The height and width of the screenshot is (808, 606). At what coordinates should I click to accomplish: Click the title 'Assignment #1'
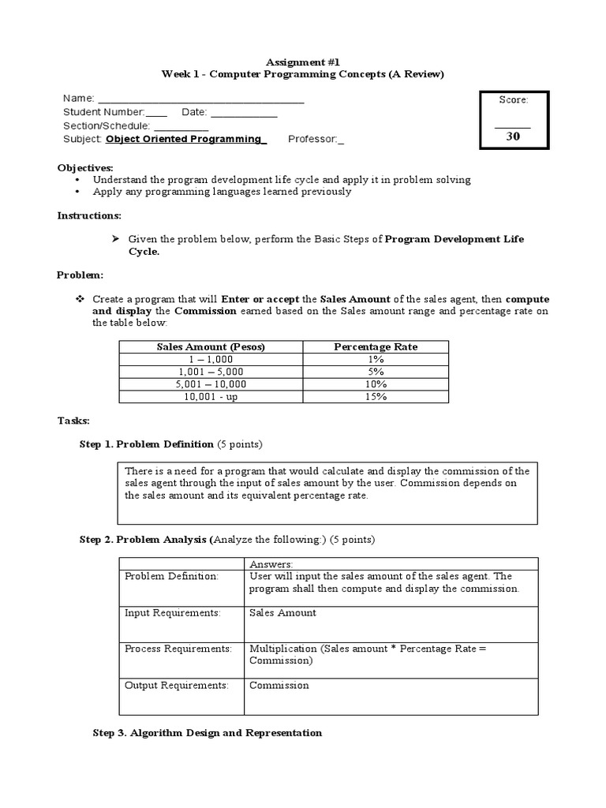[x=303, y=61]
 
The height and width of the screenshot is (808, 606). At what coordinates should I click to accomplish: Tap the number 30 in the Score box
[x=513, y=136]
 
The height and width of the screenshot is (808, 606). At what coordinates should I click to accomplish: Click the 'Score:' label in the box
[x=513, y=99]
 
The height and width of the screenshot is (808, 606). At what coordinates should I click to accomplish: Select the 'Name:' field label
[x=79, y=99]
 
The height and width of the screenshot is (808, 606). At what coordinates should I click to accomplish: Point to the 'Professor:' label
[x=315, y=139]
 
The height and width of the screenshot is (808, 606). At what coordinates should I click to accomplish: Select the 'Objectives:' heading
[x=85, y=168]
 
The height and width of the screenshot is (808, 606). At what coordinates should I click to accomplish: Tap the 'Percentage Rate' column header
[x=376, y=346]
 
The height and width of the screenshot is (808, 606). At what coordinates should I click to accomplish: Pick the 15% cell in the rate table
[x=376, y=396]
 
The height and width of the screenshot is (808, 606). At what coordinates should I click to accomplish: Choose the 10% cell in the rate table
[x=376, y=383]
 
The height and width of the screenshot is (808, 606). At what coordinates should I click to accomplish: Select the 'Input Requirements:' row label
[x=173, y=612]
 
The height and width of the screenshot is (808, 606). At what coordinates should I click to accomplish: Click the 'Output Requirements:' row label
[x=177, y=685]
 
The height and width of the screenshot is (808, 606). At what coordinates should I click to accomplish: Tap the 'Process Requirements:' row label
[x=178, y=649]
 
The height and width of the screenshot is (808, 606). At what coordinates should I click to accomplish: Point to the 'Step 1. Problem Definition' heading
[x=147, y=444]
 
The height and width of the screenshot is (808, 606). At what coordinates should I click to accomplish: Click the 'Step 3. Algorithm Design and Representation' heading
[x=208, y=733]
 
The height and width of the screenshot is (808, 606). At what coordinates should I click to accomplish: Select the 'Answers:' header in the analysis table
[x=271, y=563]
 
